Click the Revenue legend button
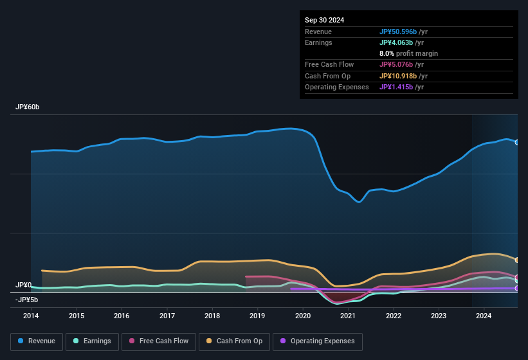[x=37, y=341]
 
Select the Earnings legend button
[x=91, y=341]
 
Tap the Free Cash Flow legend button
[x=159, y=341]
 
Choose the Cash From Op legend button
[x=235, y=341]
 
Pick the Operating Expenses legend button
[x=317, y=341]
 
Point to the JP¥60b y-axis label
[x=28, y=107]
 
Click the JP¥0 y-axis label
[x=24, y=285]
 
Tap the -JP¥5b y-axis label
[x=27, y=300]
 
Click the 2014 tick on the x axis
[x=31, y=316]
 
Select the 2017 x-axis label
[x=167, y=316]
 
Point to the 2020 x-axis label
[x=303, y=316]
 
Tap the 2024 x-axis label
[x=484, y=316]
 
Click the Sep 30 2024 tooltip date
[x=325, y=20]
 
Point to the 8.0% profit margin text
[x=408, y=53]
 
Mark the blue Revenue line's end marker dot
[x=517, y=142]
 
